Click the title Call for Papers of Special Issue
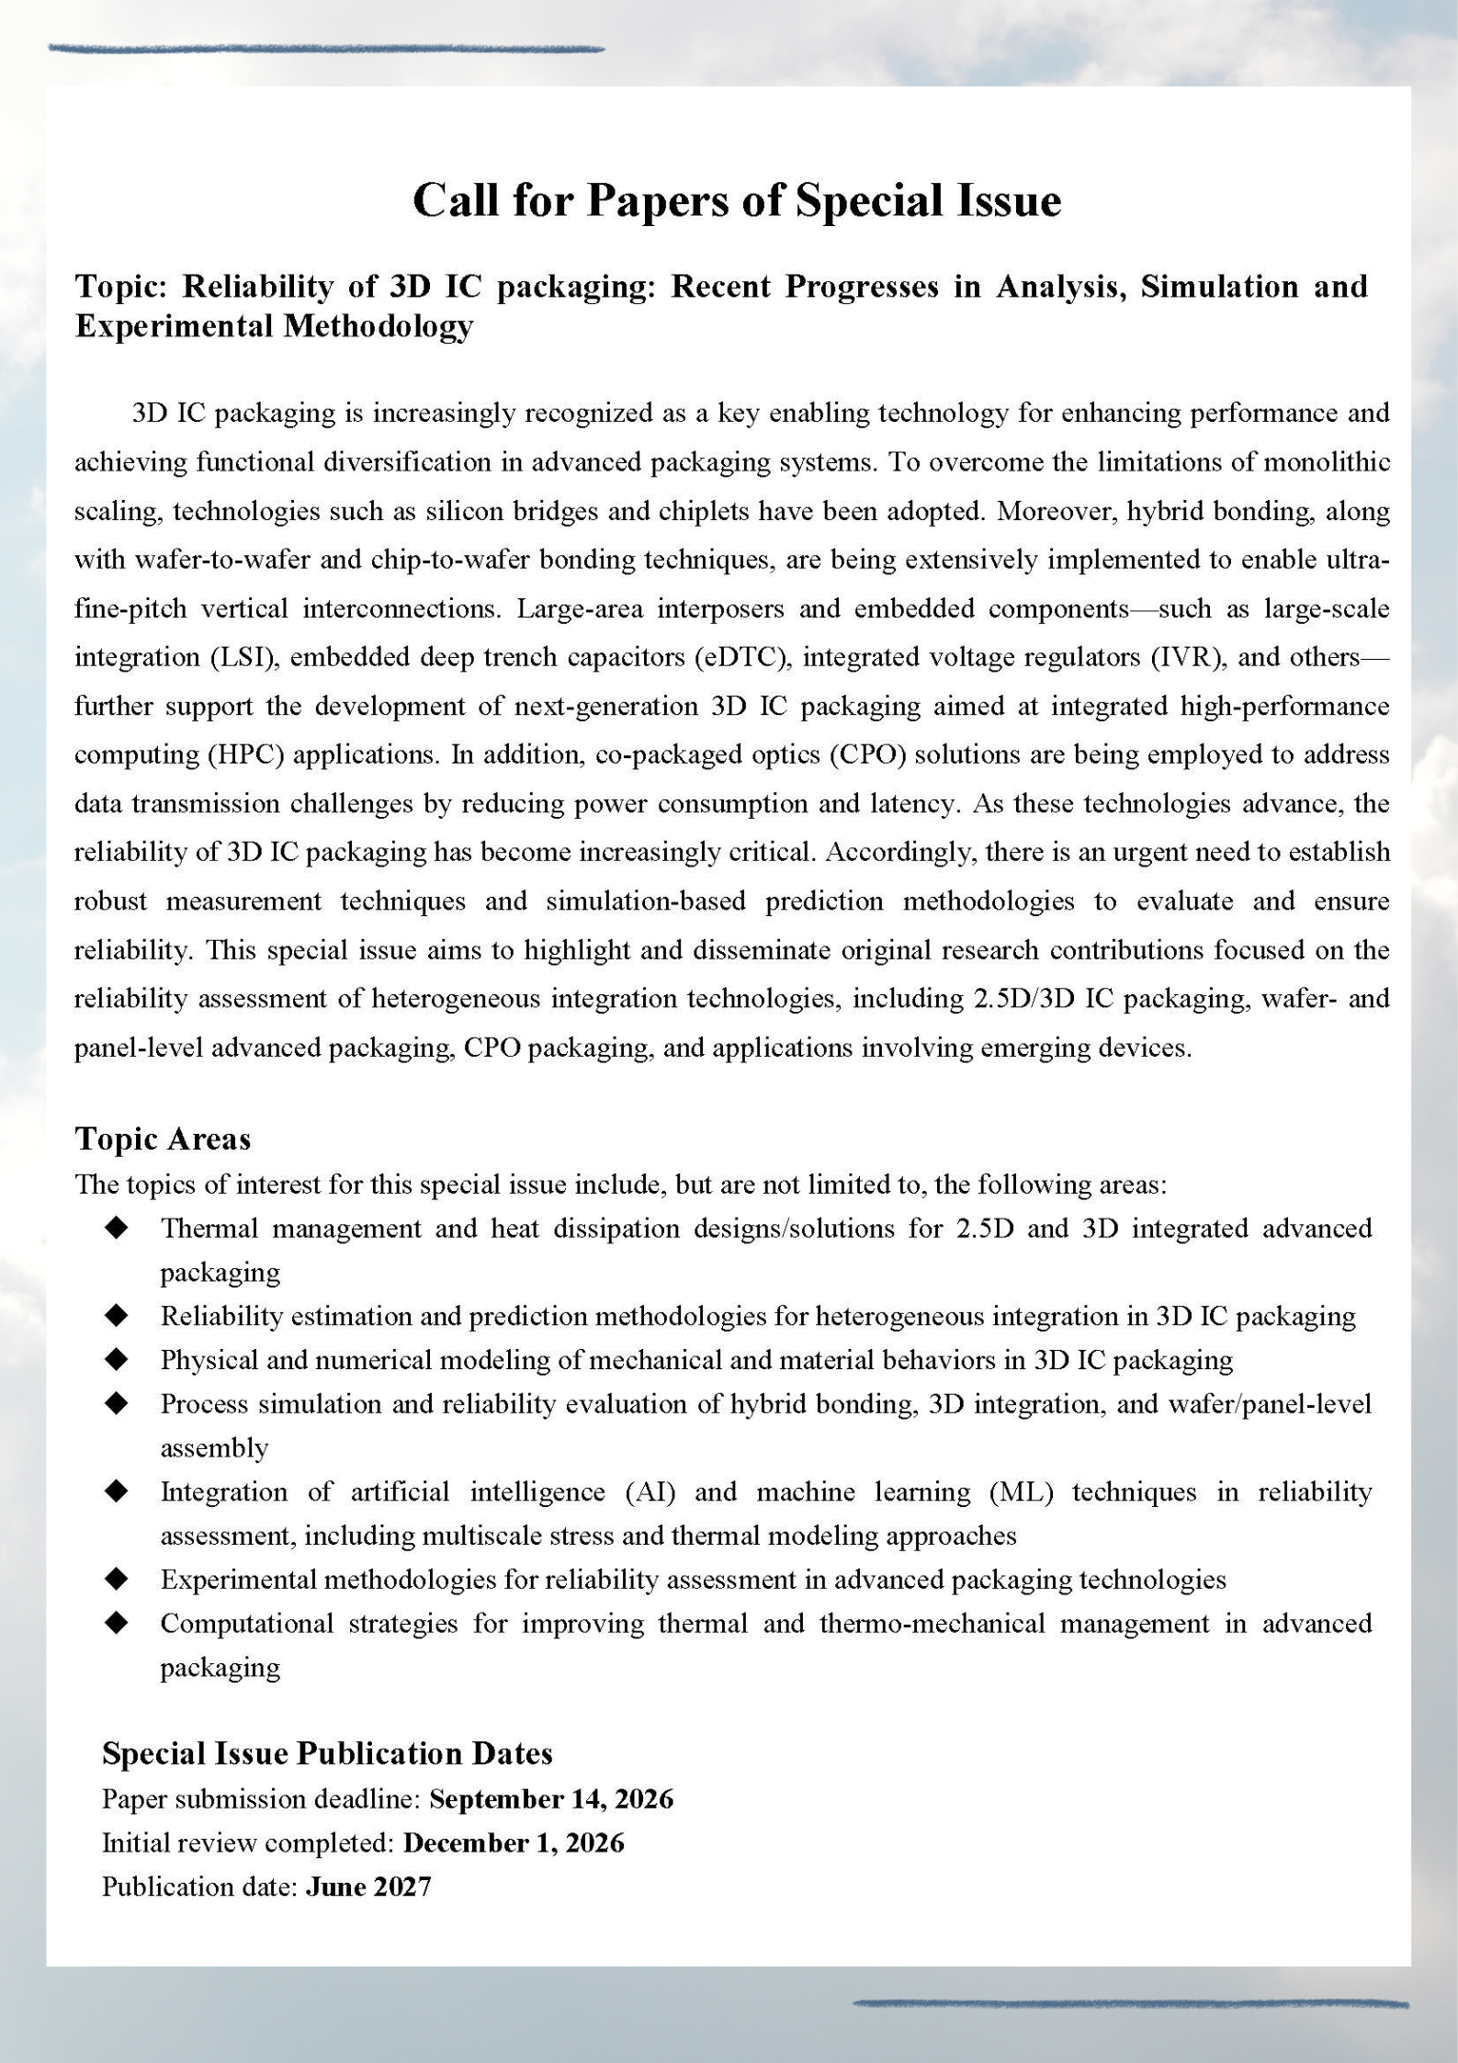(x=736, y=199)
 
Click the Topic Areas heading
(x=163, y=1139)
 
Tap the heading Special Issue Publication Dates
(x=327, y=1753)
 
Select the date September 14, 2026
(x=551, y=1798)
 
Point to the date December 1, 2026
(x=514, y=1842)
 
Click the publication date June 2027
(x=368, y=1887)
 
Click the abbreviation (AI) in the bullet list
(x=650, y=1491)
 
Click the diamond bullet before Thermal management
(x=117, y=1229)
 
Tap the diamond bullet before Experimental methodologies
(x=117, y=1580)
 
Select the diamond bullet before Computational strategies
(x=117, y=1624)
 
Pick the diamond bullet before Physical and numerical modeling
(x=117, y=1360)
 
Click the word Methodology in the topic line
(x=379, y=326)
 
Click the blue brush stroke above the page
(x=326, y=49)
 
